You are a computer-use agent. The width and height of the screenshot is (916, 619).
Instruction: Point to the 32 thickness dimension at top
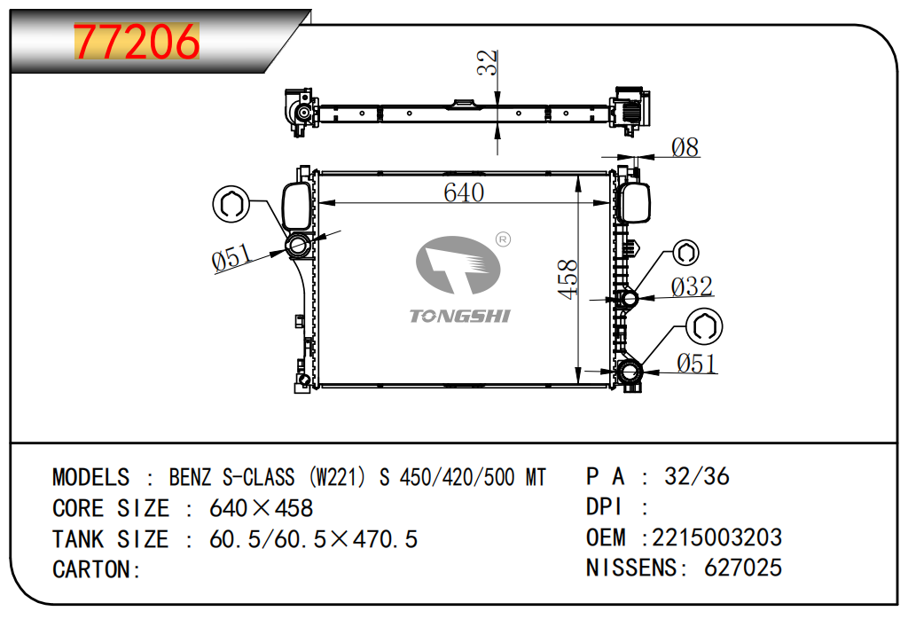(487, 64)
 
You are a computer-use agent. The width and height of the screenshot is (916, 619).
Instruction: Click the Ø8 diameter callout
(685, 147)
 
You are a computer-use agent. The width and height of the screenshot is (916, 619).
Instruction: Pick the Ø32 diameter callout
(692, 286)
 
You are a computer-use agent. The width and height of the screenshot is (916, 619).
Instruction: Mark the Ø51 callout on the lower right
(696, 363)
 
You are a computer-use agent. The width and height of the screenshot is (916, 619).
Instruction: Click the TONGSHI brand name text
(459, 316)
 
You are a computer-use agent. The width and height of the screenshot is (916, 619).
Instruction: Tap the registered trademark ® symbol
(502, 239)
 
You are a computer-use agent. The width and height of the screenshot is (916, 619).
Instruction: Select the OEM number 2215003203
(717, 537)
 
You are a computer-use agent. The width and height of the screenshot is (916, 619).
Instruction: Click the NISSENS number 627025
(743, 568)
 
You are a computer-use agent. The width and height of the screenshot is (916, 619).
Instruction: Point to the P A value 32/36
(697, 476)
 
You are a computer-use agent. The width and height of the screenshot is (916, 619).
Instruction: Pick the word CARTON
(92, 569)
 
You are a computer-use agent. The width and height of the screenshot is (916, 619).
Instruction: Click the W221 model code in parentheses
(338, 477)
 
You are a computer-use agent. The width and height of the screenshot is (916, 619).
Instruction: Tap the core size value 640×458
(261, 508)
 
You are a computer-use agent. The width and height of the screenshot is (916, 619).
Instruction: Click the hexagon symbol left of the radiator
(229, 204)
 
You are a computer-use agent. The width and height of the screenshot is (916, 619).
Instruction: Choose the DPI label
(606, 507)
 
